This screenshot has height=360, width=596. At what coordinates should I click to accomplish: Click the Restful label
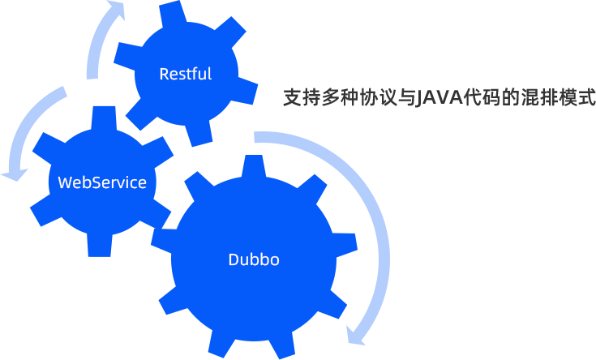pyautogui.click(x=185, y=74)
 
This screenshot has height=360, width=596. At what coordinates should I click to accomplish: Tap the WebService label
pyautogui.click(x=102, y=182)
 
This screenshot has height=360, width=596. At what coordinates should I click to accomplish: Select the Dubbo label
pyautogui.click(x=254, y=259)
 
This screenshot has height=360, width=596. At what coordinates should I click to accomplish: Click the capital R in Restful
pyautogui.click(x=164, y=74)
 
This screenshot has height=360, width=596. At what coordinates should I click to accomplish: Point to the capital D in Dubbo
pyautogui.click(x=234, y=259)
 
